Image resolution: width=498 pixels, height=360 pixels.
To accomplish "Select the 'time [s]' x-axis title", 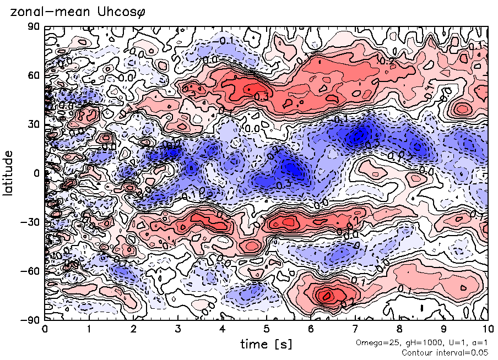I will [x=266, y=344].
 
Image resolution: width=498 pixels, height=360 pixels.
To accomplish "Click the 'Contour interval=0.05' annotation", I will [x=446, y=352].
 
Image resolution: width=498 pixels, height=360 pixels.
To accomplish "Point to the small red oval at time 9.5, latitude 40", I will [x=462, y=108].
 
